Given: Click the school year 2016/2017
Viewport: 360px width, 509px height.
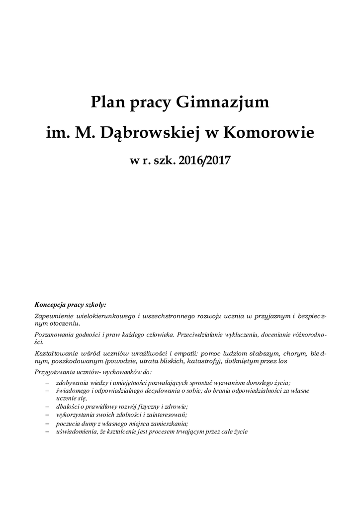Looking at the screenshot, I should pyautogui.click(x=199, y=161).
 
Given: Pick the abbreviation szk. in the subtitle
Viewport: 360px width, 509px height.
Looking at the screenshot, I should pyautogui.click(x=160, y=161).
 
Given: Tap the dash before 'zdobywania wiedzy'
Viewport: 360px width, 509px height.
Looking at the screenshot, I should pyautogui.click(x=47, y=383).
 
